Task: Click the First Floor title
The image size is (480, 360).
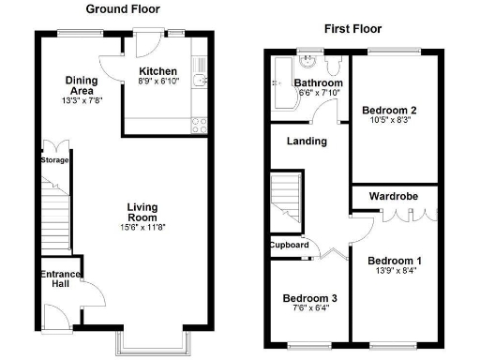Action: pos(351,29)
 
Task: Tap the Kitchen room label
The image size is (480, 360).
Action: pos(157,71)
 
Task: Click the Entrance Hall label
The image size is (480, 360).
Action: pos(59,279)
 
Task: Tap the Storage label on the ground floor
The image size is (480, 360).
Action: pos(55,160)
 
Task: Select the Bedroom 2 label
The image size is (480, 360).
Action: pos(389,110)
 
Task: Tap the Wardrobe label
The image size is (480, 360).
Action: pos(393,197)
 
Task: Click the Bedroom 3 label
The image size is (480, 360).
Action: pos(310,299)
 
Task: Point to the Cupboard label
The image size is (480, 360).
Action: pos(290,245)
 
